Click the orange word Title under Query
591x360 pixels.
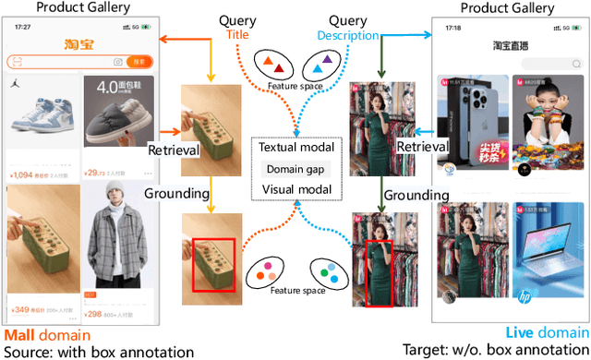[238, 36]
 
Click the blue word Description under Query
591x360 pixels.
[348, 36]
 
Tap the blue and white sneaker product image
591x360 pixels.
[41, 112]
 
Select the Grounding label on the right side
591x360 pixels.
[416, 196]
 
